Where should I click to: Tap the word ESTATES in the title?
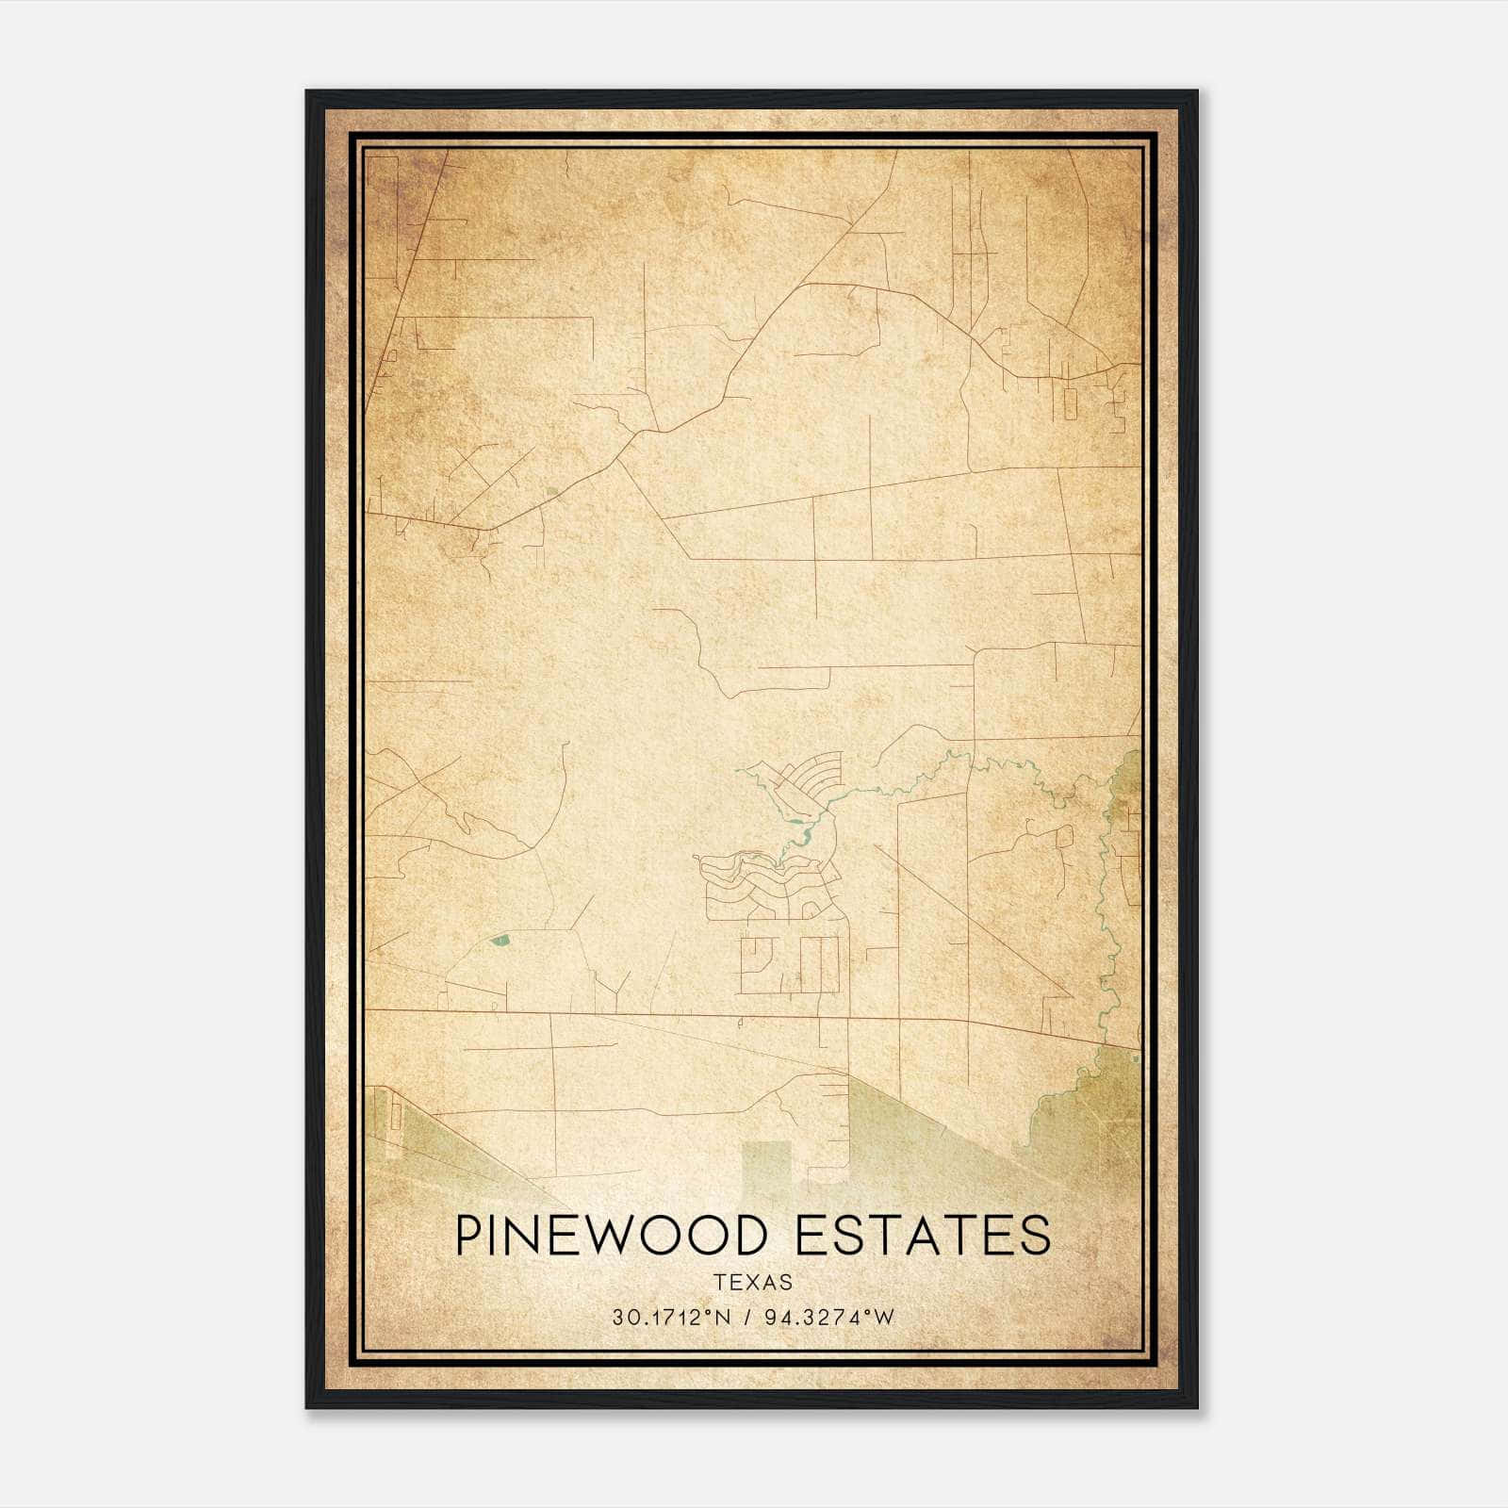923,1236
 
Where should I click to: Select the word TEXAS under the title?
753,1283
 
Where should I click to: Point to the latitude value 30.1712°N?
671,1318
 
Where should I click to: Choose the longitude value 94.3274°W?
828,1318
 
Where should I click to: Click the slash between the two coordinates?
749,1318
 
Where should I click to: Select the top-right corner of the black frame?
1196,92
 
